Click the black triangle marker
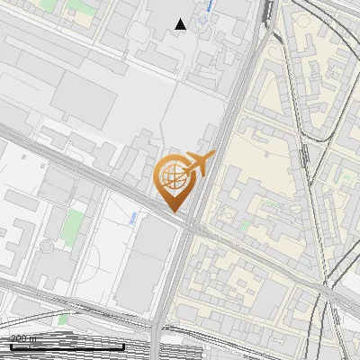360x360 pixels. coord(181,24)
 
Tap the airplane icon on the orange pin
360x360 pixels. coord(200,163)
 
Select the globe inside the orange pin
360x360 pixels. coord(172,175)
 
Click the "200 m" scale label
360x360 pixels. coord(24,338)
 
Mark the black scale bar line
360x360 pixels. coord(67,346)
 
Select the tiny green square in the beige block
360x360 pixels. coord(245,225)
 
